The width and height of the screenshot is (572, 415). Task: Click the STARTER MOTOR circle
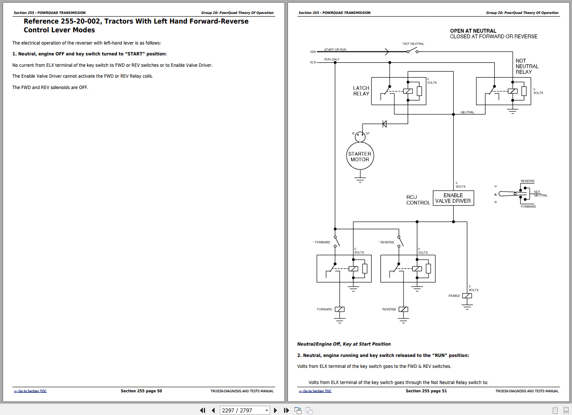pos(360,157)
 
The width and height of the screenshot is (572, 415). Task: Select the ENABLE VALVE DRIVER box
pos(453,198)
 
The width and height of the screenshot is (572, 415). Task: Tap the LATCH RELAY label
pos(361,91)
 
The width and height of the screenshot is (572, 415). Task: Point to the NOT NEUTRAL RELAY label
pos(527,66)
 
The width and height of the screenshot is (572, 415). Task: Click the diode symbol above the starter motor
pos(384,124)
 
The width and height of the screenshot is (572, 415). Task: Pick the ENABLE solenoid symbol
pos(467,296)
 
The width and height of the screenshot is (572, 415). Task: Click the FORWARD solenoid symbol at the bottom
pos(339,309)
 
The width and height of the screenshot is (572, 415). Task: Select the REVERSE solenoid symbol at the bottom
pos(404,309)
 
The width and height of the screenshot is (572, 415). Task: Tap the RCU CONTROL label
pos(418,200)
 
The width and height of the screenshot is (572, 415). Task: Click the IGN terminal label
pos(313,52)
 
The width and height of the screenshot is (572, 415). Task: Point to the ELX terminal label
pos(313,62)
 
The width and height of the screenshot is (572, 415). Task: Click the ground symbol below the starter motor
pos(360,178)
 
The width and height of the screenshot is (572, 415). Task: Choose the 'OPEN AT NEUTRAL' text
pos(473,31)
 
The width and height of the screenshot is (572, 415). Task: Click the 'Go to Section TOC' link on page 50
pos(30,391)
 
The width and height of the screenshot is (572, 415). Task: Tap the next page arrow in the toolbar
pos(275,410)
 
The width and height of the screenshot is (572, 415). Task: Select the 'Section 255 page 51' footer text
pos(426,391)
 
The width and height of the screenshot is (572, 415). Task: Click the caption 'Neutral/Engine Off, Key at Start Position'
pos(344,344)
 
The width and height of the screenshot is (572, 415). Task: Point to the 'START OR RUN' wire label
pos(335,50)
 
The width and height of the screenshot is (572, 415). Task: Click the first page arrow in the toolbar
pos(202,410)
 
